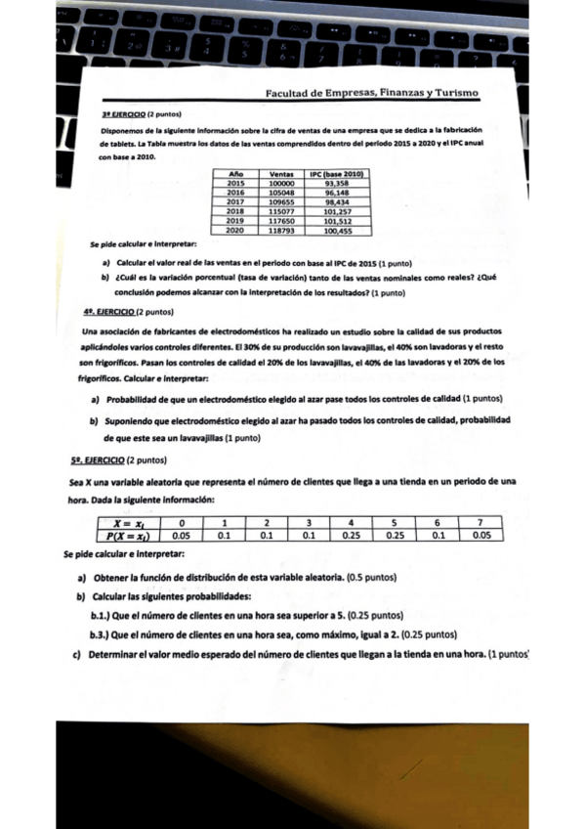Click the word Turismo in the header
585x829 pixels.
(451, 93)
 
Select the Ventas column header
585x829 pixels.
(281, 174)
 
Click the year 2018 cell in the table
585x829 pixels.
(235, 210)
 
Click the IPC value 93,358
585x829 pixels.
(336, 183)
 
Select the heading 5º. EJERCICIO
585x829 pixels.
(98, 459)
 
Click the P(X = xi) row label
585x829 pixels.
(128, 535)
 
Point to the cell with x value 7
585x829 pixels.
(481, 523)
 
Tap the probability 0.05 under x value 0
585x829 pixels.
(181, 535)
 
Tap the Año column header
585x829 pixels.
(235, 174)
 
